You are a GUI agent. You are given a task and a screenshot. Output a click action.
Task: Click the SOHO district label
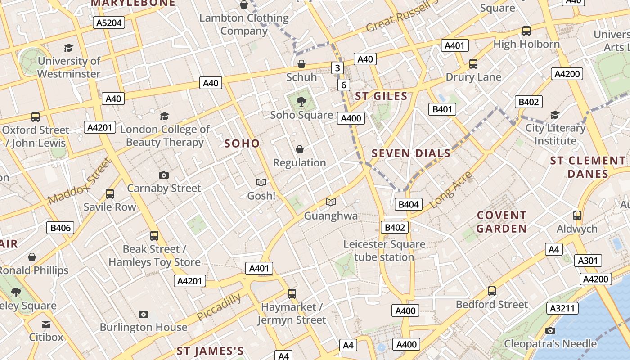pyautogui.click(x=242, y=144)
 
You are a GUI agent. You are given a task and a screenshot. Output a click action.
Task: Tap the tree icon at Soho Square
pyautogui.click(x=301, y=102)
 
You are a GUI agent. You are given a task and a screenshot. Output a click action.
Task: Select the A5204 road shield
pyautogui.click(x=109, y=22)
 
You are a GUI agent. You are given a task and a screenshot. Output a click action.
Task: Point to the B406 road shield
pyautogui.click(x=60, y=228)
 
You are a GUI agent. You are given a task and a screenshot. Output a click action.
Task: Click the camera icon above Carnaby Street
pyautogui.click(x=164, y=175)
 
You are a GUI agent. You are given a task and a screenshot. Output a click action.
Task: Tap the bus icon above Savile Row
pyautogui.click(x=110, y=194)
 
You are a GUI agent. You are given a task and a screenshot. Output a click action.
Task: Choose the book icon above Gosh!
pyautogui.click(x=261, y=182)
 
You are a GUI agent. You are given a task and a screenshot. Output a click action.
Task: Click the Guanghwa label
pyautogui.click(x=331, y=216)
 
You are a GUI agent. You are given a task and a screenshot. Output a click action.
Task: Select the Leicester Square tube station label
pyautogui.click(x=384, y=251)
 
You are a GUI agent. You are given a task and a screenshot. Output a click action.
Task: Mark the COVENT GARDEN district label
pyautogui.click(x=501, y=222)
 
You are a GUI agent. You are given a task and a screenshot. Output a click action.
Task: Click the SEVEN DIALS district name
pyautogui.click(x=411, y=153)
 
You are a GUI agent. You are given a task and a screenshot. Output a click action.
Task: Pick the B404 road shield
pyautogui.click(x=409, y=204)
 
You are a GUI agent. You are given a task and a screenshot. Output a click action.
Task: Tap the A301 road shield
pyautogui.click(x=588, y=261)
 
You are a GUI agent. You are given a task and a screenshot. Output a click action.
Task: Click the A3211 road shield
pyautogui.click(x=562, y=308)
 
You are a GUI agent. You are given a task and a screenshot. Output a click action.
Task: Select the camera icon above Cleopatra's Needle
pyautogui.click(x=550, y=331)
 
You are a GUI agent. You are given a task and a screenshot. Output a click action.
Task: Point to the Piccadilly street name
pyautogui.click(x=219, y=307)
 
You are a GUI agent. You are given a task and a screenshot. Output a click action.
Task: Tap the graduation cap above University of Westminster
pyautogui.click(x=68, y=48)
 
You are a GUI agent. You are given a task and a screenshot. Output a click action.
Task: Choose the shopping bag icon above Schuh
pyautogui.click(x=301, y=64)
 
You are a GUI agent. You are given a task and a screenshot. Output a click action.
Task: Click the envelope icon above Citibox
pyautogui.click(x=46, y=324)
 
